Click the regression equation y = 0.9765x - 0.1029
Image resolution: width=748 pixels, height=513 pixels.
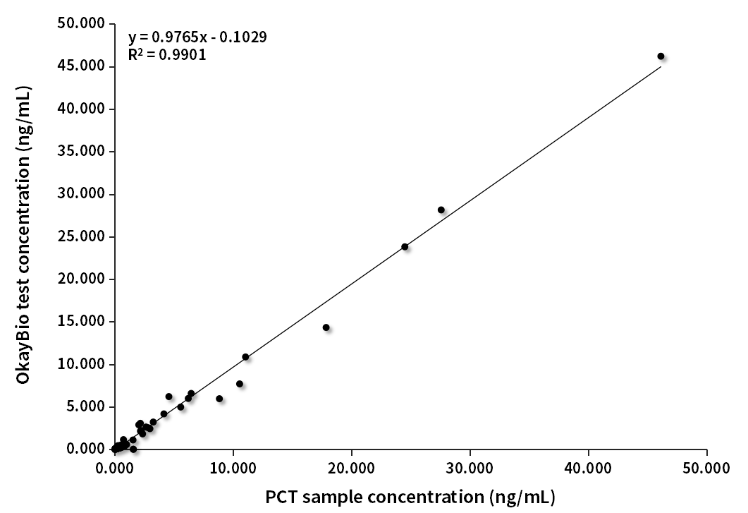197,37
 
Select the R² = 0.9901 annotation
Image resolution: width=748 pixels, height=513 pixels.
167,55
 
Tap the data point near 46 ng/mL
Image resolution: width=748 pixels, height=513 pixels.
661,56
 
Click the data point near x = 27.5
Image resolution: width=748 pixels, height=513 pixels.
441,210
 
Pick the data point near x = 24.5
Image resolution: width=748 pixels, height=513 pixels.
405,247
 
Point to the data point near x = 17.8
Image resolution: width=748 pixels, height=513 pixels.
326,327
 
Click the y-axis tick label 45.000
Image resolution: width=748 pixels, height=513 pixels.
82,66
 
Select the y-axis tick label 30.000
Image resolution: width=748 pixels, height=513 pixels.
82,194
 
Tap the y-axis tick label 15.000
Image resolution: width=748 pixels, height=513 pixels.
82,322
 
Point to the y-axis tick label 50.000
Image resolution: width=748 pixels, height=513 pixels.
82,24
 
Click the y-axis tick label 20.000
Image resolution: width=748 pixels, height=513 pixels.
82,279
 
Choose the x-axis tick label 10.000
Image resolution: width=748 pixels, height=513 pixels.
233,468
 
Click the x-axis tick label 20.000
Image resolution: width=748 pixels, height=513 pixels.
352,468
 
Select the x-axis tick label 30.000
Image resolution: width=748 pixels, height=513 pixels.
470,468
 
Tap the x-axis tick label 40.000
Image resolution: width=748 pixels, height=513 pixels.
589,468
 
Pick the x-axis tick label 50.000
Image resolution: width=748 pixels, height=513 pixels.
707,468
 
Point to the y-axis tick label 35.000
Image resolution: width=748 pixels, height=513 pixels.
82,152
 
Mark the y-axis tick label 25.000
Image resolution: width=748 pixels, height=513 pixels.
82,236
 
